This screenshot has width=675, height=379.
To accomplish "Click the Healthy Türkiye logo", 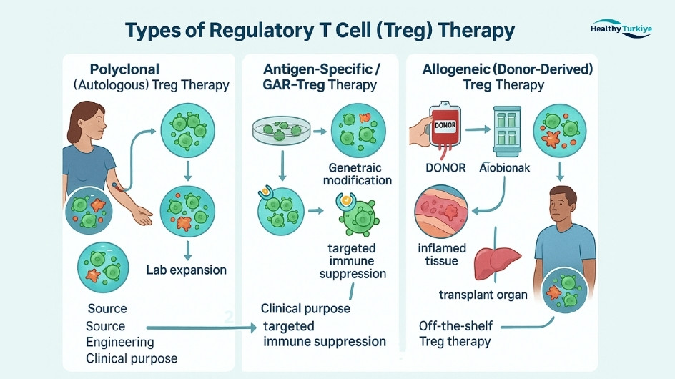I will (621, 30).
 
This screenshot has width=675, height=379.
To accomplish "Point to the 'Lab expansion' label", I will (186, 270).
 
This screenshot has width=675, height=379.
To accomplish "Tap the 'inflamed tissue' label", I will (442, 255).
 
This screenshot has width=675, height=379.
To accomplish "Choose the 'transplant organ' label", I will (483, 295).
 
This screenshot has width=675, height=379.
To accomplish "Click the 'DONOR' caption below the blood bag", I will (445, 168).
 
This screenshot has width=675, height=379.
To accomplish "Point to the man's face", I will (561, 208).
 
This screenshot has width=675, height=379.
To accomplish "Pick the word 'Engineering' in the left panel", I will (119, 342).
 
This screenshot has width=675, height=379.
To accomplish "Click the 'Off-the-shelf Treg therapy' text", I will (455, 333).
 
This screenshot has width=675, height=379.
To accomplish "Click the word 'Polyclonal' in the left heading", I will (124, 69).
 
